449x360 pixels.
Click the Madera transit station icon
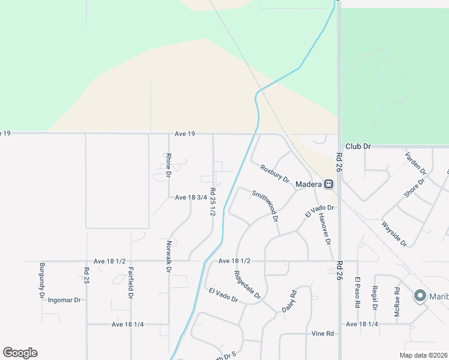coord(329,184)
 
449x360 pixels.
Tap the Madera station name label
coord(309,184)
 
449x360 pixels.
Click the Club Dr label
coord(359,146)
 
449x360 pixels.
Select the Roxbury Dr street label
coord(275,174)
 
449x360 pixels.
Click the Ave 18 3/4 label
coord(191,197)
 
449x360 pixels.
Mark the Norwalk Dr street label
coord(169,256)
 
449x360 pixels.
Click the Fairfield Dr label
coord(130,283)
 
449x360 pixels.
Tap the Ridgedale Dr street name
coord(247,285)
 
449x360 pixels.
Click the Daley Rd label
coord(289,302)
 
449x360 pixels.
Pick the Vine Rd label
coord(322,334)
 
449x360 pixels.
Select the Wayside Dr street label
coord(394,234)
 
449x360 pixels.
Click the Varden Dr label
coord(415,163)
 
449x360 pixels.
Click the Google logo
coord(20,353)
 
